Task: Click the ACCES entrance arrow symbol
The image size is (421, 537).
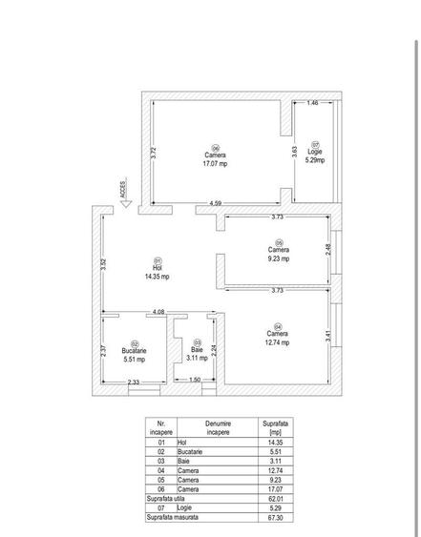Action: click(126, 204)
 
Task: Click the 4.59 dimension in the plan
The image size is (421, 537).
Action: click(216, 203)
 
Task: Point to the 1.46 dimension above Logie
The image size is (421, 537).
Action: click(313, 103)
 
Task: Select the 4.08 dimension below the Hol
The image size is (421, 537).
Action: click(158, 312)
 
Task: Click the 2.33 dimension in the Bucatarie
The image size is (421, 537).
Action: click(134, 382)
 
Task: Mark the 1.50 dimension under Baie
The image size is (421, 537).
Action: click(195, 380)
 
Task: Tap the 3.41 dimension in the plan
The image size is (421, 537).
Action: click(328, 336)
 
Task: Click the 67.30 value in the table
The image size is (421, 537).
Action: click(275, 518)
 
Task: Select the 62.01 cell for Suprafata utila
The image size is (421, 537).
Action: click(275, 499)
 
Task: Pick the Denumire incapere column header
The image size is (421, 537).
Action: click(218, 427)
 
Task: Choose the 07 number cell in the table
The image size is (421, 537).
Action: click(160, 508)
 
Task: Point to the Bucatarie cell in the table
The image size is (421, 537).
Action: click(190, 452)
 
